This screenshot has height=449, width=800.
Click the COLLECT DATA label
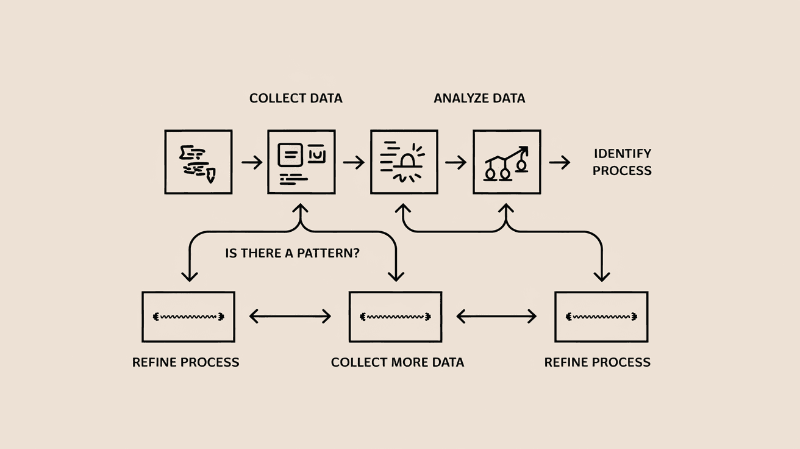click(296, 98)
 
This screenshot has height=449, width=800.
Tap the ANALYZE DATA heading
click(479, 98)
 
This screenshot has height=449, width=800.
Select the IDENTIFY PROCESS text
click(622, 162)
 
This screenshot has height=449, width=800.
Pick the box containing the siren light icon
click(404, 162)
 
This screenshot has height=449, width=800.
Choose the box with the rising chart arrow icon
click(507, 162)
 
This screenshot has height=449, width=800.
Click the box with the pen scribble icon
click(198, 162)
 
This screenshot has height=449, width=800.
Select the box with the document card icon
click(301, 162)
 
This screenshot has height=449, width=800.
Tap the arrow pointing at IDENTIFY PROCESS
click(559, 162)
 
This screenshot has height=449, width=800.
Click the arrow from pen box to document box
click(251, 162)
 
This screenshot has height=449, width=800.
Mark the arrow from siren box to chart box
click(455, 162)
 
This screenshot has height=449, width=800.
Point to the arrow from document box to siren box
click(354, 162)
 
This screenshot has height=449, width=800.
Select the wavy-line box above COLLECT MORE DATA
click(395, 317)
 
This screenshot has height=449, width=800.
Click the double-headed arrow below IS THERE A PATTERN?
click(290, 316)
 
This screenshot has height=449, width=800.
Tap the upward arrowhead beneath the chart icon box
click(505, 209)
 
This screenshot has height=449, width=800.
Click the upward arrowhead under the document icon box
click(299, 209)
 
